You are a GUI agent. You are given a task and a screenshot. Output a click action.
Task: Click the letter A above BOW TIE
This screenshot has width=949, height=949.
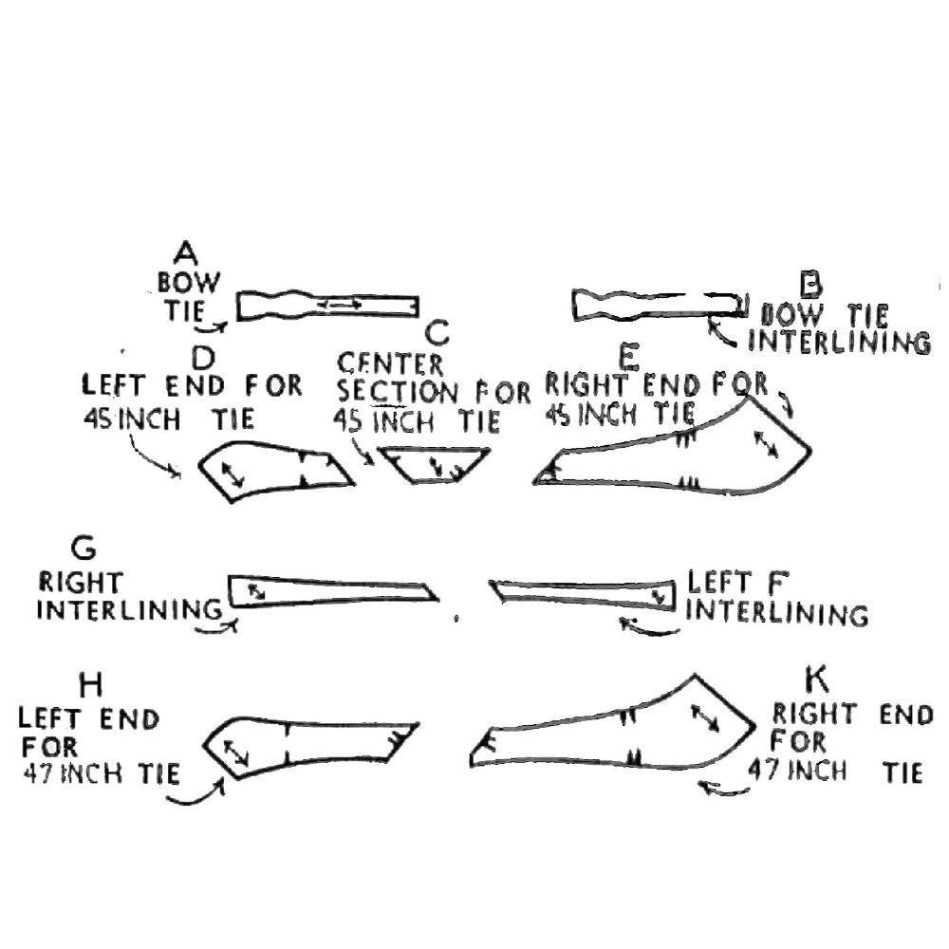click(186, 252)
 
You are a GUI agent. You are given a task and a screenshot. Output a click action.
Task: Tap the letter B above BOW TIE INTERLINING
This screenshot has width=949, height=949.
click(809, 283)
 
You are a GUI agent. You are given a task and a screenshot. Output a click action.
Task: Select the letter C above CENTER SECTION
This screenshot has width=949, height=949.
click(437, 333)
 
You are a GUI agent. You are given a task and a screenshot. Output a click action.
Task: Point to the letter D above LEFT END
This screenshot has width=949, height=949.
click(203, 358)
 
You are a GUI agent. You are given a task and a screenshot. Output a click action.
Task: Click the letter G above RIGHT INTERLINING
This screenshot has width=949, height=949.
click(84, 549)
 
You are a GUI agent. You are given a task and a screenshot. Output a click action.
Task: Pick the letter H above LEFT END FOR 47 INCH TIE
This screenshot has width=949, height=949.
click(92, 684)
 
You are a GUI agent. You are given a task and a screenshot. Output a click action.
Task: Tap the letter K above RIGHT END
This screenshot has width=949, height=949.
click(815, 679)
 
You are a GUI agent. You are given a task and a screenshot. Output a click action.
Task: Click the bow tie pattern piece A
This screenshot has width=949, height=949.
click(327, 306)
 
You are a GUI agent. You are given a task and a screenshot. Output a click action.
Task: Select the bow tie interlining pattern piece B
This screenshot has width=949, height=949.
click(655, 304)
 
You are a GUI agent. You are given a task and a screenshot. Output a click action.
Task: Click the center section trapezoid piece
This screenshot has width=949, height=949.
click(435, 462)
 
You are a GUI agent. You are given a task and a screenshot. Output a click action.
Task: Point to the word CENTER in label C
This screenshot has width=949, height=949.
click(390, 363)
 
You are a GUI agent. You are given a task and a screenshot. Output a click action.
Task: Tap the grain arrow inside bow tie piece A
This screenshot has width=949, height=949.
click(339, 304)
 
